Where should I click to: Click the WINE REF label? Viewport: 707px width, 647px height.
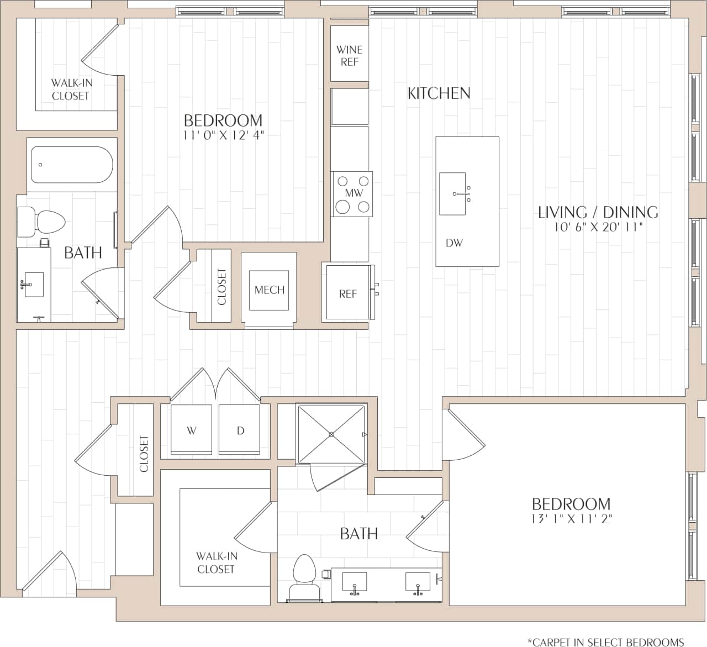(349, 56)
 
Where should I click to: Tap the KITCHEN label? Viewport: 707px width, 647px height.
(439, 93)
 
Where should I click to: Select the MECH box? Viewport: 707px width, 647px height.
(270, 290)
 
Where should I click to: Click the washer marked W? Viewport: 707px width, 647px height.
(192, 430)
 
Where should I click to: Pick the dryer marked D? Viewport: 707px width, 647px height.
(240, 430)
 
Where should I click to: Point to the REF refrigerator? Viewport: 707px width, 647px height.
(348, 293)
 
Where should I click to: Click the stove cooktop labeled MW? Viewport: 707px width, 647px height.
(352, 194)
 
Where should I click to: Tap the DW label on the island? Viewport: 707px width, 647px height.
(454, 243)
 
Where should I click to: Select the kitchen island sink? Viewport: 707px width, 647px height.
(453, 193)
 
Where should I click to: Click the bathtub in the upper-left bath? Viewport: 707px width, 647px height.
(71, 165)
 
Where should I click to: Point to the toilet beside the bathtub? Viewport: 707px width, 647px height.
(42, 222)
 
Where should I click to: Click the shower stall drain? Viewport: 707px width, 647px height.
(331, 434)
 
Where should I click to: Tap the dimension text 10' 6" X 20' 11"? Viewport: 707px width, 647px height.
(599, 227)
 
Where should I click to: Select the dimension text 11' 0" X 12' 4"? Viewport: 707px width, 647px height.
(223, 135)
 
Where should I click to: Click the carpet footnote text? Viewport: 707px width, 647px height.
(605, 641)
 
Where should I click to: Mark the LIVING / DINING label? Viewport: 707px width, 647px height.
(598, 212)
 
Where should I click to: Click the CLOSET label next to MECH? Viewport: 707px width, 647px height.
(221, 286)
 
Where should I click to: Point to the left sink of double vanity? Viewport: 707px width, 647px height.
(353, 582)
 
